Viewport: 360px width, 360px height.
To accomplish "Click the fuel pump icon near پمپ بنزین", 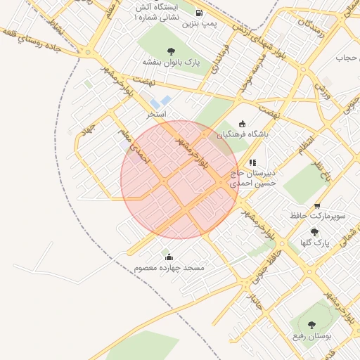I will [199, 13].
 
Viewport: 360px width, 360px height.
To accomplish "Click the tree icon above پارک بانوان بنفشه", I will [171, 51].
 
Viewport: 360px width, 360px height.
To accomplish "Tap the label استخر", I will [156, 113].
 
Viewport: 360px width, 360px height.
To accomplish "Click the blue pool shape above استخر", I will [161, 103].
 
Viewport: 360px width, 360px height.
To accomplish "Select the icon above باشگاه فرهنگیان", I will [243, 123].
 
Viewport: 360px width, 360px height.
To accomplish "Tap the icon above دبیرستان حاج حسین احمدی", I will [253, 162].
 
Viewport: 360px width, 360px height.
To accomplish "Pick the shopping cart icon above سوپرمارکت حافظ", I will [317, 206].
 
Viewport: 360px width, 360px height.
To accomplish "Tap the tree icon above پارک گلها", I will [314, 232].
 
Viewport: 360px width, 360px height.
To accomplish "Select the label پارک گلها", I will [314, 243].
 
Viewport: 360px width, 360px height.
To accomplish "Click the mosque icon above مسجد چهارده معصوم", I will [169, 257].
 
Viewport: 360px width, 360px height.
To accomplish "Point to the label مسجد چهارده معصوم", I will [169, 268].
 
